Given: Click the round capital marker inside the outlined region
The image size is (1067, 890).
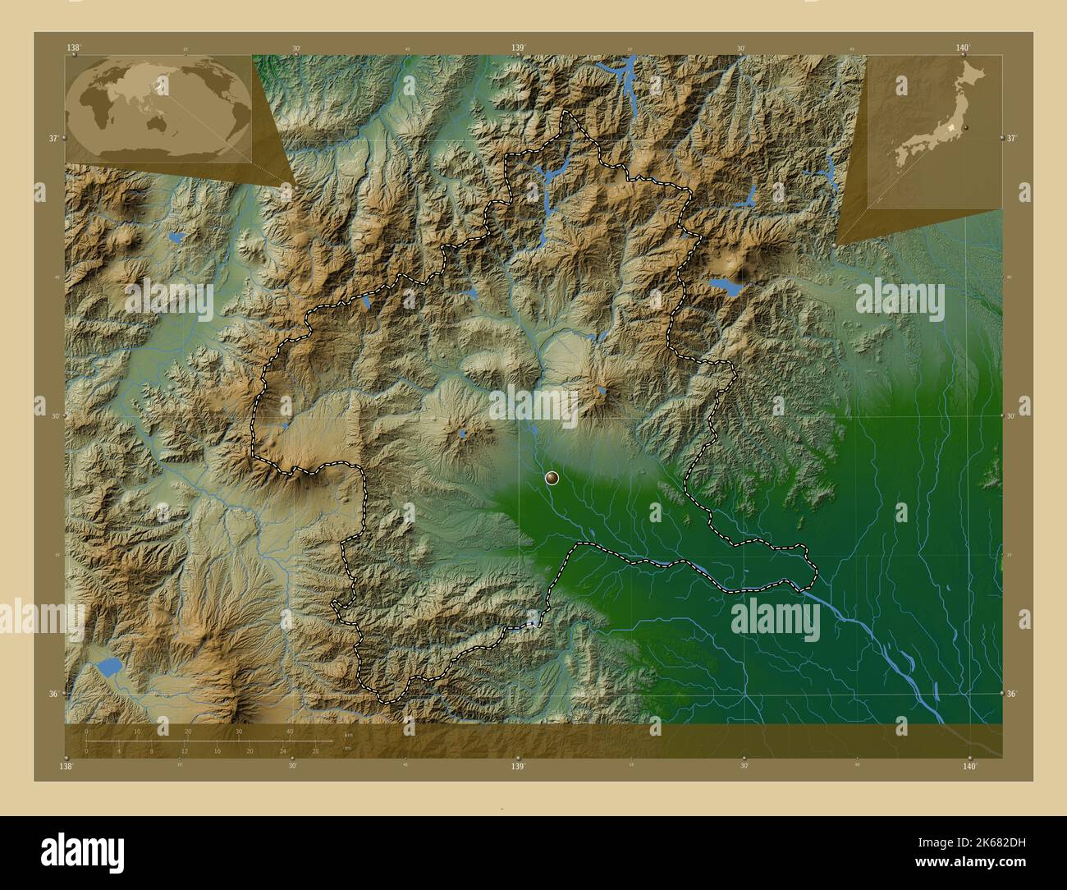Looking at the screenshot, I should coord(552,477).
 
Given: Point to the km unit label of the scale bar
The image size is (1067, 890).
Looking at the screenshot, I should coord(348,735).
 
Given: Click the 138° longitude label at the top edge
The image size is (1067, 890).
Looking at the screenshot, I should coord(75,48).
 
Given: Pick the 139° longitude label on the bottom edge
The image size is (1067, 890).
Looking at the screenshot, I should coord(518,766).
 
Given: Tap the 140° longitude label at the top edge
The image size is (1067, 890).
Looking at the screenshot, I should coord(964,48).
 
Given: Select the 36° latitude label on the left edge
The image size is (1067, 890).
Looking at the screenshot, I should coord(53,694).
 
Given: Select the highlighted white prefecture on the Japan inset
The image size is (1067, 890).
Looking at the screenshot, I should coord(952,129).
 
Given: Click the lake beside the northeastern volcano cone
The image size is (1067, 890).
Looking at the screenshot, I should coord(725,286).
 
